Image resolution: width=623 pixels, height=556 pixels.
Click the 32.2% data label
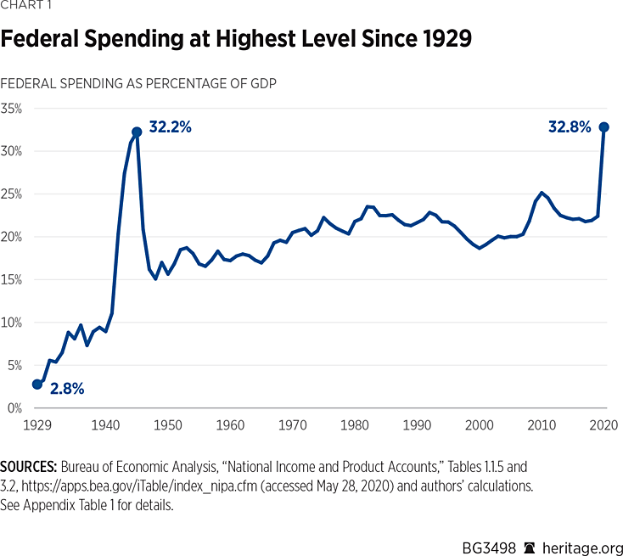click(x=171, y=127)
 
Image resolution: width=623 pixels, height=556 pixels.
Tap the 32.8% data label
click(x=570, y=127)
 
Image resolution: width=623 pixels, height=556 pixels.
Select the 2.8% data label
click(x=67, y=389)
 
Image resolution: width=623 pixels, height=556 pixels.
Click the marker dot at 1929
click(x=36, y=384)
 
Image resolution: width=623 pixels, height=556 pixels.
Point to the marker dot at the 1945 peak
click(x=137, y=132)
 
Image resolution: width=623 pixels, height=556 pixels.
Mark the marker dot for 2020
click(x=604, y=126)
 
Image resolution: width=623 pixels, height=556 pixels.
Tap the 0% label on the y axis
click(x=14, y=408)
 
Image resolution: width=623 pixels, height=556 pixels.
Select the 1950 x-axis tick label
click(x=167, y=424)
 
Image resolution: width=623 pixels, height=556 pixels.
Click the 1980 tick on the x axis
click(x=355, y=424)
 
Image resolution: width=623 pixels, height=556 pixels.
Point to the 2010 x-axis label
click(x=542, y=424)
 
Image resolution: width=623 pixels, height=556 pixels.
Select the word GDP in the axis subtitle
click(x=260, y=83)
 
